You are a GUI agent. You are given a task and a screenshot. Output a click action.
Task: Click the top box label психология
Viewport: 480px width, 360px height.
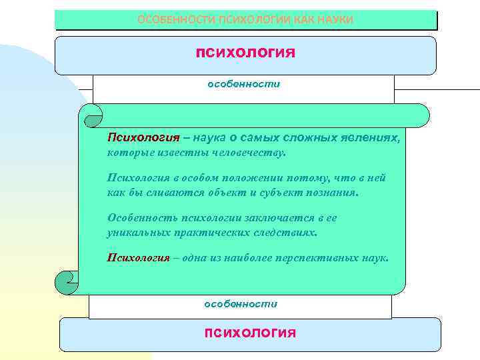(245, 52)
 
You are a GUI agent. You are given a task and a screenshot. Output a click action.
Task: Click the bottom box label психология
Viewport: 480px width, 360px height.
(251, 332)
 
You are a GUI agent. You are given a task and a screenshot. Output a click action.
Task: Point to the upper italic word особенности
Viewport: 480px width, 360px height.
(245, 85)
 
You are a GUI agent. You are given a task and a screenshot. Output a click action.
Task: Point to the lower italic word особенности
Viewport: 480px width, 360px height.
(241, 303)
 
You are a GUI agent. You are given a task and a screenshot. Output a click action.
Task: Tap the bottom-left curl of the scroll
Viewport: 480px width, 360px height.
(67, 282)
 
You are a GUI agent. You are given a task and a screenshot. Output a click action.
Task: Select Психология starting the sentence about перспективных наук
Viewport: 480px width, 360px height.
(139, 258)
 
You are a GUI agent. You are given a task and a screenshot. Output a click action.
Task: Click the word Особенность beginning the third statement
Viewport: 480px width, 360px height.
(136, 218)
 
